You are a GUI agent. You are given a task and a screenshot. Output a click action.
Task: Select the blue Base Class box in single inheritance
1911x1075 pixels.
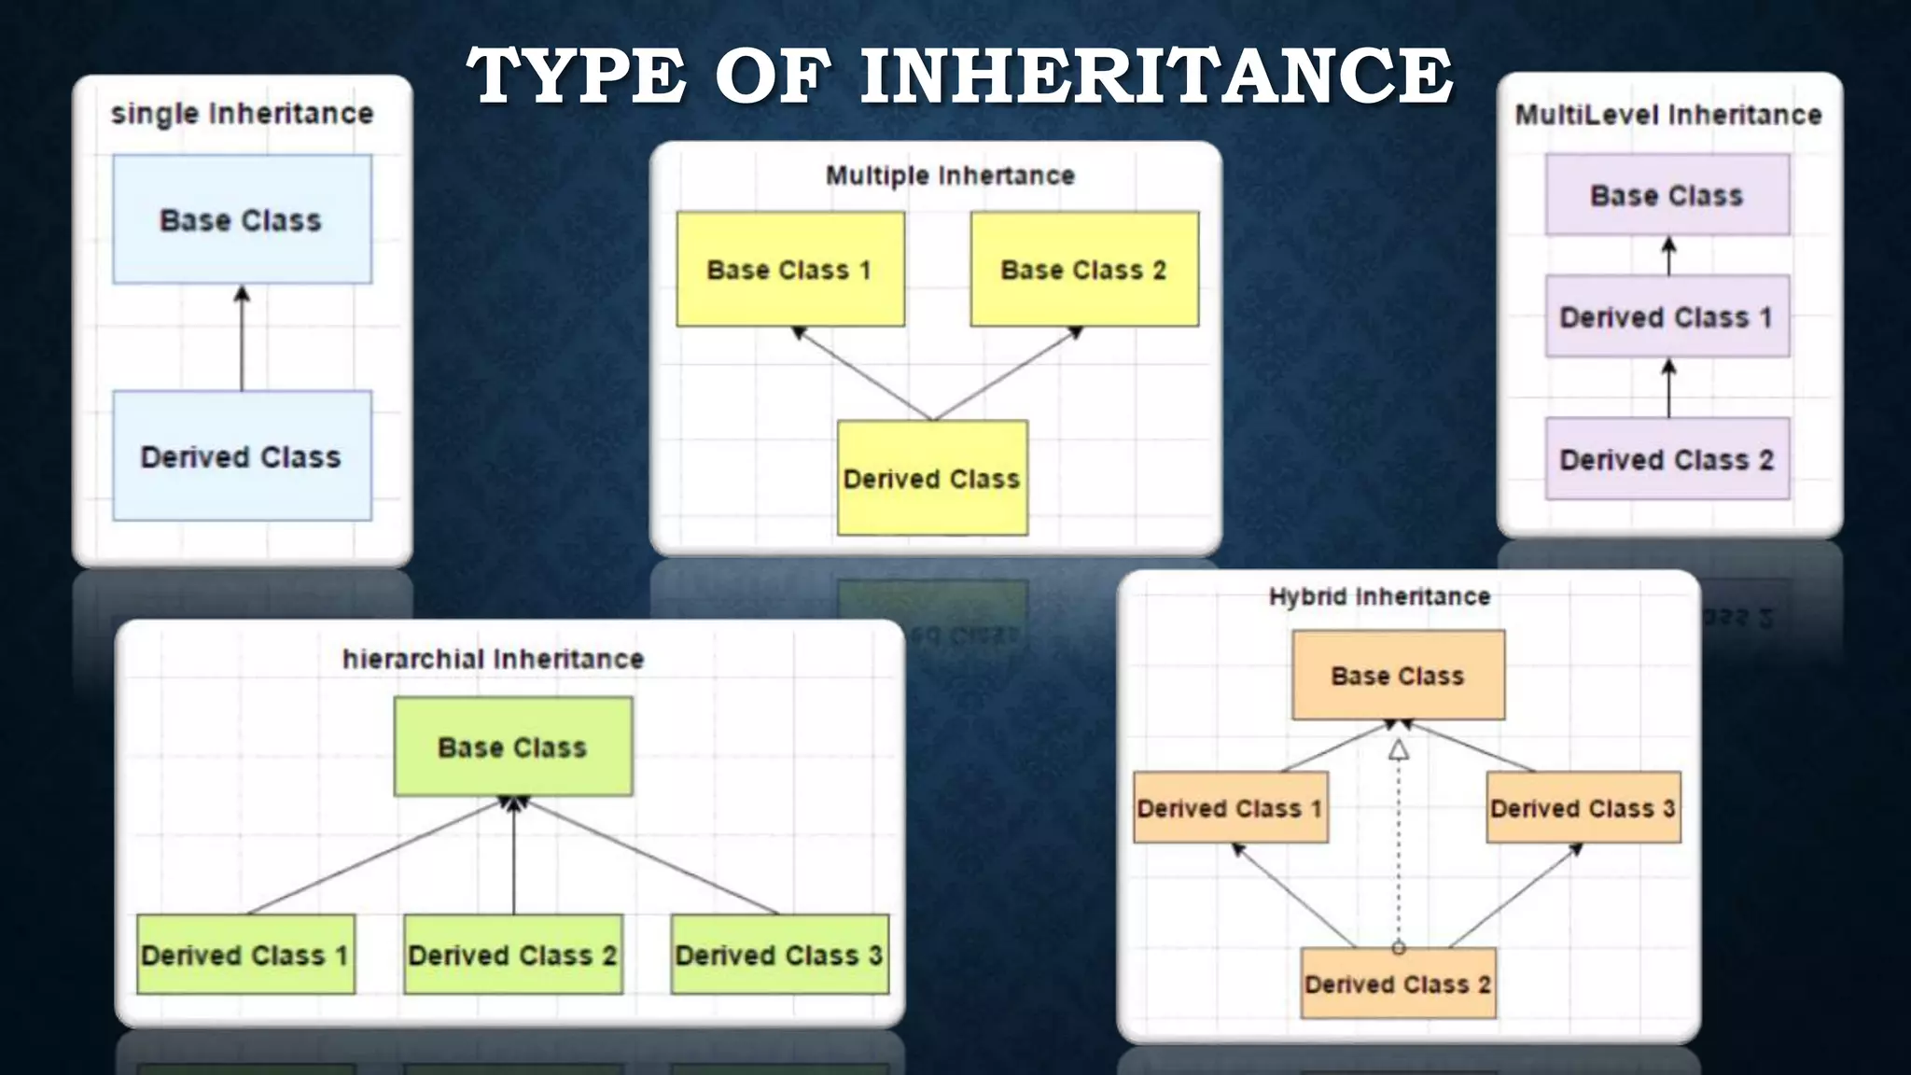[242, 219]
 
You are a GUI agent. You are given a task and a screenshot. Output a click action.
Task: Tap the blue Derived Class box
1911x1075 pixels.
[242, 455]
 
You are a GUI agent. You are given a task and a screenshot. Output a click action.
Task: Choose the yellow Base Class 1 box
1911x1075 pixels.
[789, 269]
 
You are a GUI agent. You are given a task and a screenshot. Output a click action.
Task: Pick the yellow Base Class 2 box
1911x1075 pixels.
[1084, 269]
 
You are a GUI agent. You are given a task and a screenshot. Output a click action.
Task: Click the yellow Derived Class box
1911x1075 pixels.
[932, 478]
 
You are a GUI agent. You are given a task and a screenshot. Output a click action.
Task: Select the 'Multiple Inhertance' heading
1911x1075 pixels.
[950, 175]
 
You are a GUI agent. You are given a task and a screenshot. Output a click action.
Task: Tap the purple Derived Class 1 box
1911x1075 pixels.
[1667, 316]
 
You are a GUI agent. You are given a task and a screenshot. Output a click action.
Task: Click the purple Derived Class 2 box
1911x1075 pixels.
[1667, 459]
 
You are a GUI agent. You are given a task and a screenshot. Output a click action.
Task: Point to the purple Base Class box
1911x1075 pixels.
[1667, 195]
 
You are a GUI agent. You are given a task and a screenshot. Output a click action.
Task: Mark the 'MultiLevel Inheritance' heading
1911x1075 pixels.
[1667, 115]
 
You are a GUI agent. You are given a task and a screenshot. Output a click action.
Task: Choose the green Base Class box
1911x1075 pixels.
[512, 747]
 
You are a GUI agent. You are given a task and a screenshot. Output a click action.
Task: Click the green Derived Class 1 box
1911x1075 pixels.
[245, 955]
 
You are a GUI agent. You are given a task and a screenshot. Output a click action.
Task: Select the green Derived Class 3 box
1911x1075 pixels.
[779, 955]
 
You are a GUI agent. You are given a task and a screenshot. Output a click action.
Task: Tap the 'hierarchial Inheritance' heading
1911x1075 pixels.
[493, 659]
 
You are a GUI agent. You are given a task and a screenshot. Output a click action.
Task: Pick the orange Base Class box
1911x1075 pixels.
[1398, 675]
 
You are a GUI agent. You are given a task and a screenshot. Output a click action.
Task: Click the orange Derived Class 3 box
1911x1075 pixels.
[1583, 807]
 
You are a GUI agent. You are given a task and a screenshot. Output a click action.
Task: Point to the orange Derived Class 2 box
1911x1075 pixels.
[1398, 984]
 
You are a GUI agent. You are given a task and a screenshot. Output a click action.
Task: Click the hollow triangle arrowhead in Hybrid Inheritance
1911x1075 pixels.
[1398, 749]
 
